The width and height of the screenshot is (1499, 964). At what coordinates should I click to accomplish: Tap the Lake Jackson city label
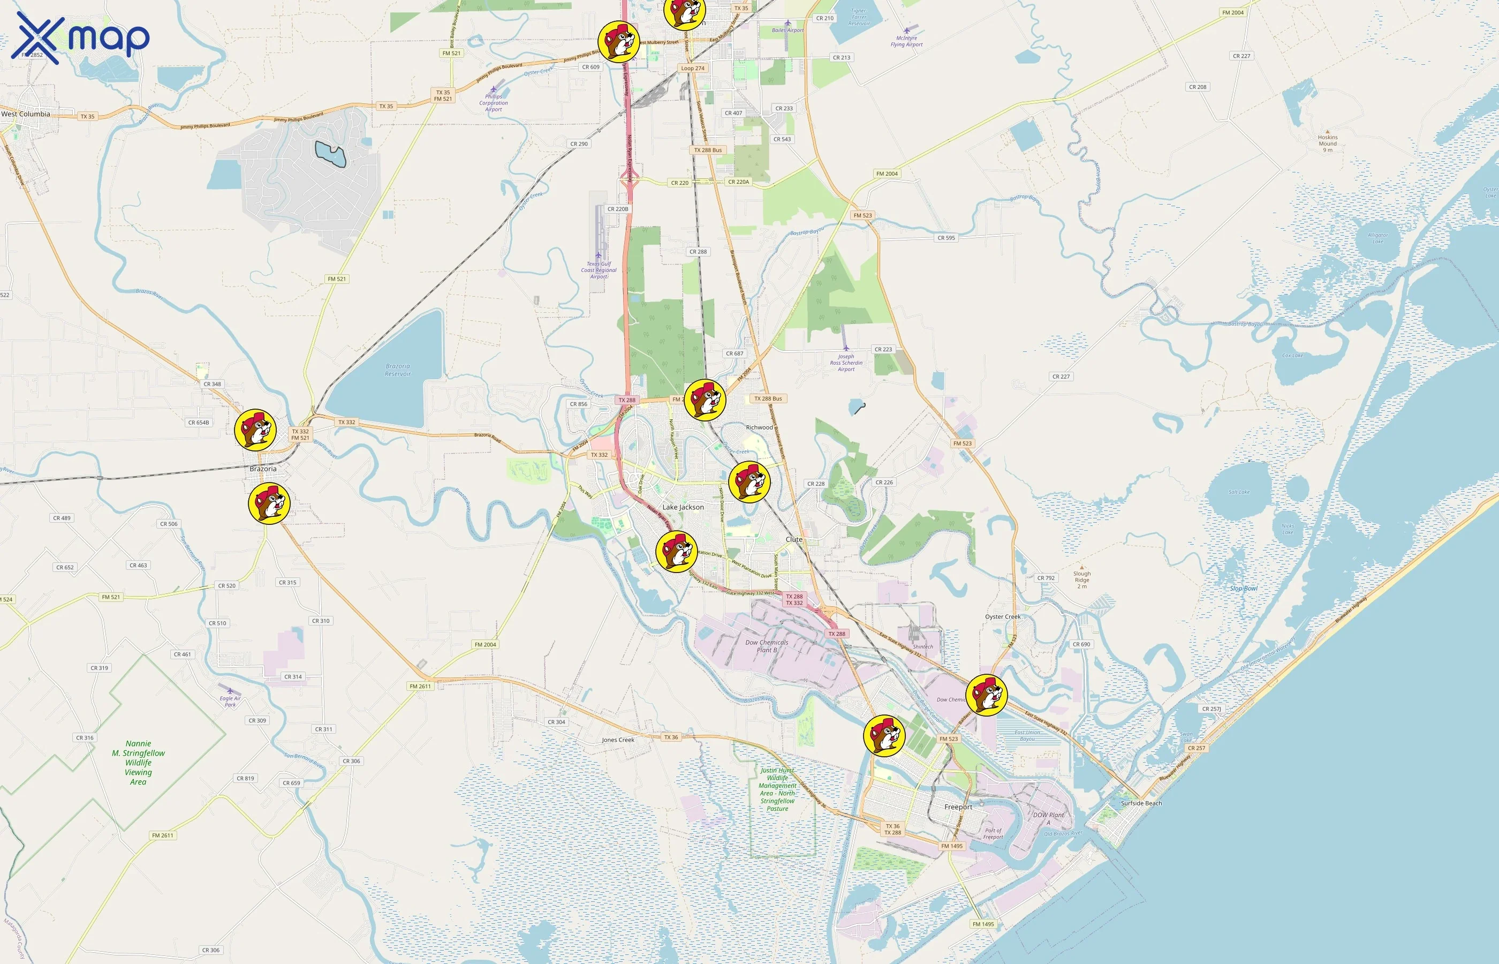coord(683,507)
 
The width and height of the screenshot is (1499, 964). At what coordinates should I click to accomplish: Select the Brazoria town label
coord(263,469)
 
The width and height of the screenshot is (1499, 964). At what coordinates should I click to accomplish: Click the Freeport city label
coord(958,807)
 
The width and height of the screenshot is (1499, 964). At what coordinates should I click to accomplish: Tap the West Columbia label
coord(26,114)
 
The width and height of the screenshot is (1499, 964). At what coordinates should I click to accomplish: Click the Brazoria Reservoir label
coord(398,370)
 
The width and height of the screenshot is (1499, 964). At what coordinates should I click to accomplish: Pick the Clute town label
coord(793,539)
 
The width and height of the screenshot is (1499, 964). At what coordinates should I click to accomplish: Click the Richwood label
coord(759,427)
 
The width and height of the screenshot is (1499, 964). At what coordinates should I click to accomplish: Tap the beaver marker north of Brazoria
coord(255,430)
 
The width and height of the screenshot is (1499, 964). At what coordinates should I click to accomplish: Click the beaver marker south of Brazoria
coord(269,503)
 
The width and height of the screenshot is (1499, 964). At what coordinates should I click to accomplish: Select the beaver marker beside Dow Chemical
coord(986,695)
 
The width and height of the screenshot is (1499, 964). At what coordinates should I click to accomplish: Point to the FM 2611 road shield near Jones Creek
coord(420,686)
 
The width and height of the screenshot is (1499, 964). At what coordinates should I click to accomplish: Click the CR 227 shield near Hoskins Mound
coord(1241,56)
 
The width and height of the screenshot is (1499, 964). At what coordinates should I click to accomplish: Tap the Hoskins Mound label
coord(1328,144)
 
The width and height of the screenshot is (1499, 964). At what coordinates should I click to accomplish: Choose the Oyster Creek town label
coord(1002,616)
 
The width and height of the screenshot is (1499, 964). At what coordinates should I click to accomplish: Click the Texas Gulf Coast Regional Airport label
coord(599,270)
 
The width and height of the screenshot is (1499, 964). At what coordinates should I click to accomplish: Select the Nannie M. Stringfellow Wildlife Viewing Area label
coord(138,763)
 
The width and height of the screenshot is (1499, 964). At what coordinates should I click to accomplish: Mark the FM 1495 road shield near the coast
coord(983,924)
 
